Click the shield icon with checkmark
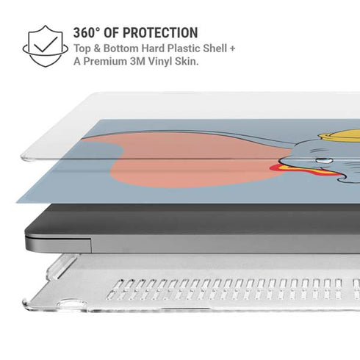46,46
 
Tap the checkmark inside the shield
46,45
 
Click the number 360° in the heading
87,33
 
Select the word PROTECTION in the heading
160,33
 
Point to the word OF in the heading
112,33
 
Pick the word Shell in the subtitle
215,48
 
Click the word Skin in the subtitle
186,61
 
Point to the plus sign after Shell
232,48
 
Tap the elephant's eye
324,161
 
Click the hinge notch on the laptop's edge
58,243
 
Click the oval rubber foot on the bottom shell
69,303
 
